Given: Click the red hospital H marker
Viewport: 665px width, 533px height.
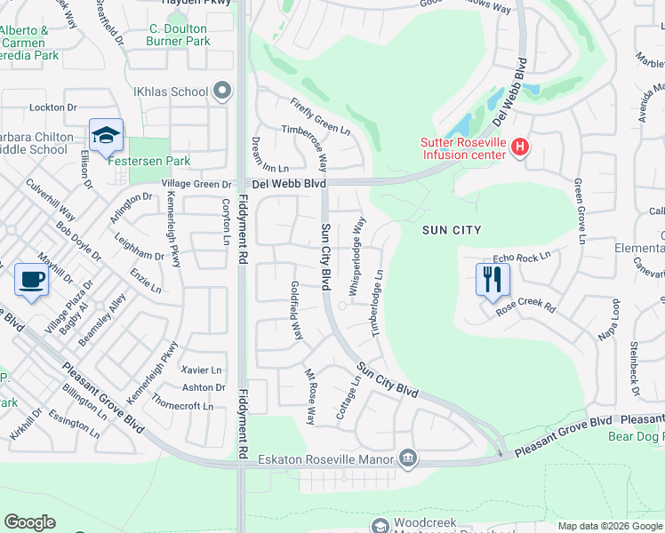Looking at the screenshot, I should (x=521, y=147).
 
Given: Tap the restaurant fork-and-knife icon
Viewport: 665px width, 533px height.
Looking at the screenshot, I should (x=490, y=279).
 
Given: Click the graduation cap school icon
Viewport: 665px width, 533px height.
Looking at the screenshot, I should (x=106, y=135).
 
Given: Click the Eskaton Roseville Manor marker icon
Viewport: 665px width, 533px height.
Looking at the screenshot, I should (x=407, y=458).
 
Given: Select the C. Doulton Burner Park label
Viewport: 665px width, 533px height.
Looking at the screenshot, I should (x=179, y=35).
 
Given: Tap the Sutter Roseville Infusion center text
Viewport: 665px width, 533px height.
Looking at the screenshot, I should (x=463, y=147).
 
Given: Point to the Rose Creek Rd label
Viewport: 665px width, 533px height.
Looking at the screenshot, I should (x=525, y=307).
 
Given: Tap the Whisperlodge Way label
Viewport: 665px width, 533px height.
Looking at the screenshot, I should (x=357, y=256).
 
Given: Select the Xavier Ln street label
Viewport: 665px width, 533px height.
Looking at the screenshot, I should (x=201, y=370).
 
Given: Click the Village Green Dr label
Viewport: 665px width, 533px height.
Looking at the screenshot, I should (x=196, y=184).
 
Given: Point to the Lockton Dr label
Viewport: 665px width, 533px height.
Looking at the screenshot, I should (x=52, y=107).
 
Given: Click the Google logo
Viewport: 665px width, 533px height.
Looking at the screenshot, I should (x=29, y=522).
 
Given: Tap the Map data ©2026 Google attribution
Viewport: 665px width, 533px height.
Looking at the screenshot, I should (x=610, y=526).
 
